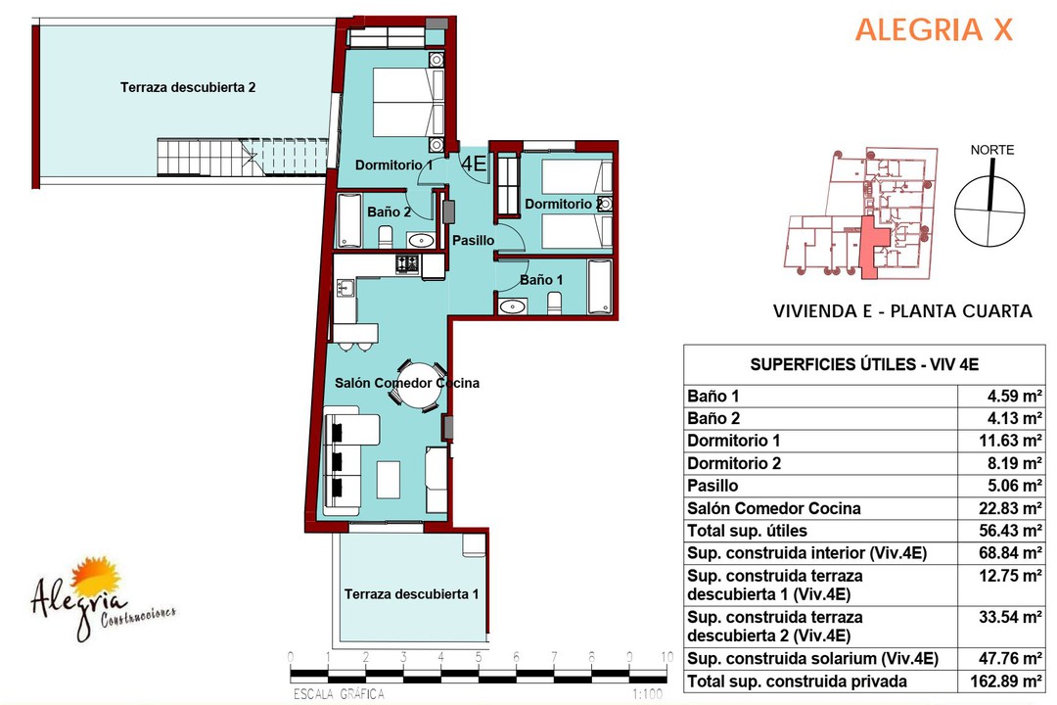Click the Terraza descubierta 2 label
pos(188,88)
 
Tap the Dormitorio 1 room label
pos(393,165)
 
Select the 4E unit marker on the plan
pos(474,164)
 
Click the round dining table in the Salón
pos(419,385)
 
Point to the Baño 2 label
pos(389,211)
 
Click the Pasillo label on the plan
pos(474,240)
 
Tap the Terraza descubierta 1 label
pos(411,594)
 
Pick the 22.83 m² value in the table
pos(1010,509)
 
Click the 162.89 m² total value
pos(1006,681)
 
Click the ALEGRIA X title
pos(935,30)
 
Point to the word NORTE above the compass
pos(992,150)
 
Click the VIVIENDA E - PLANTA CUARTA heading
pos(902,311)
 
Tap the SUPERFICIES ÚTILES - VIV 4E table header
pos(864,365)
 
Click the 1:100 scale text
pos(647,694)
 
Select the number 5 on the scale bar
pos(478,657)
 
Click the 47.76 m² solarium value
pos(1010,658)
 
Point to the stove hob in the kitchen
pos(407,263)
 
